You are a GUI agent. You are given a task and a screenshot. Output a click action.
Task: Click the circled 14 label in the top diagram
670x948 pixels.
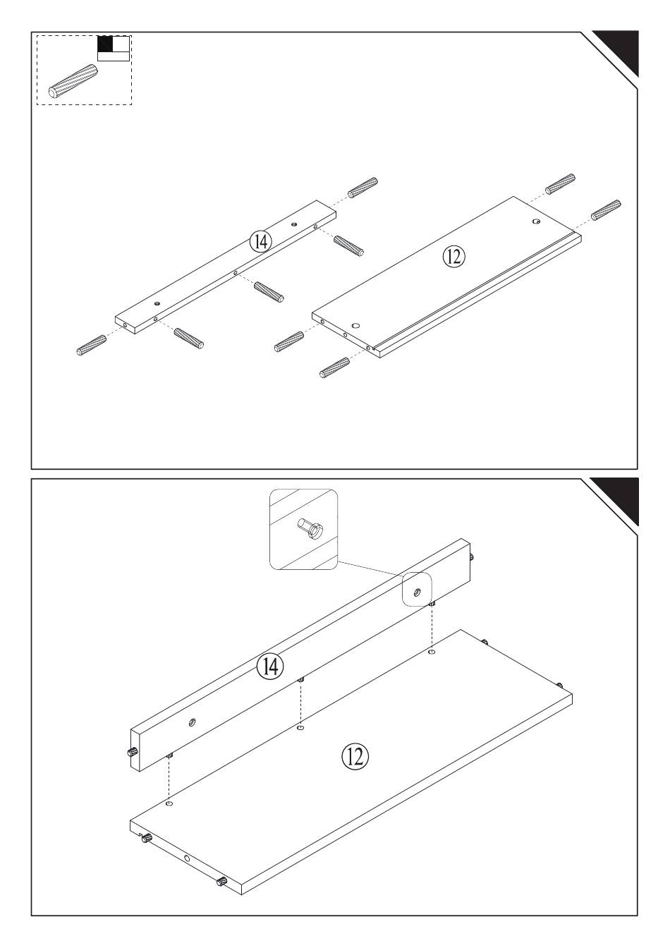pos(261,242)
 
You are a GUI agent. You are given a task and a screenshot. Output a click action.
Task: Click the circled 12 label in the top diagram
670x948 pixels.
pos(453,257)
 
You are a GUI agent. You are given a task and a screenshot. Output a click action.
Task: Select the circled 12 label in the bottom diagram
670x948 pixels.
pos(355,757)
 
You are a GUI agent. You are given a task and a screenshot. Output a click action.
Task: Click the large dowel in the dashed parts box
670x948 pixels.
pos(73,81)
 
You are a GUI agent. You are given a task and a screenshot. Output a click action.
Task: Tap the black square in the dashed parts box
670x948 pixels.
pos(105,44)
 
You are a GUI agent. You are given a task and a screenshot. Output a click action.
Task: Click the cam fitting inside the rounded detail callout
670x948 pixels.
pos(312,528)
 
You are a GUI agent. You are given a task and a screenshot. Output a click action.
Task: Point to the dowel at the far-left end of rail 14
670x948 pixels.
pos(92,346)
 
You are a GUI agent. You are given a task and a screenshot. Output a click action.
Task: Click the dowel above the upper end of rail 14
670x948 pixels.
pos(363,188)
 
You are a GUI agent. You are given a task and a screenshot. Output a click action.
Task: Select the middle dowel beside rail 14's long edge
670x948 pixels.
pos(269,292)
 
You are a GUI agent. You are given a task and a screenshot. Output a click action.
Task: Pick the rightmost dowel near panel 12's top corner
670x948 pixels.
pos(606,210)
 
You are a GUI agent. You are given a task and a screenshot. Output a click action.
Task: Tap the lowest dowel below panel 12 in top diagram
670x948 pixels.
pos(335,367)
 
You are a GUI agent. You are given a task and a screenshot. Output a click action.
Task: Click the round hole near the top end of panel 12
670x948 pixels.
pos(536,221)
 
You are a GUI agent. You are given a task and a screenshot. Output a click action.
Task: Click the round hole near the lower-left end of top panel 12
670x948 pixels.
pos(356,325)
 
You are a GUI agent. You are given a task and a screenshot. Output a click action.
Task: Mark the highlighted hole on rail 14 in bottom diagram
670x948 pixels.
pos(417,592)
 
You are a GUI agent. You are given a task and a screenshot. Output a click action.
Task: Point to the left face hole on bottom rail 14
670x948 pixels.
pos(192,722)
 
